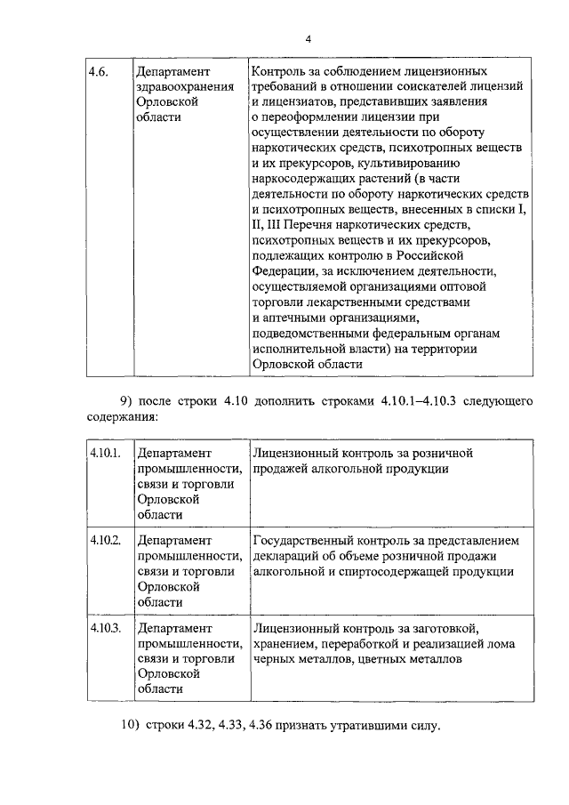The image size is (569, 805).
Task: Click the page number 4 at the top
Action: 308,38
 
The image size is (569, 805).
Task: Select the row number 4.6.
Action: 99,70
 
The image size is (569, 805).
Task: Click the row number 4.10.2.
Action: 104,540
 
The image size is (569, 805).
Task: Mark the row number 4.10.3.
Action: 104,628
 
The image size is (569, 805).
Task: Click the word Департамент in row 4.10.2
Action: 174,540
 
